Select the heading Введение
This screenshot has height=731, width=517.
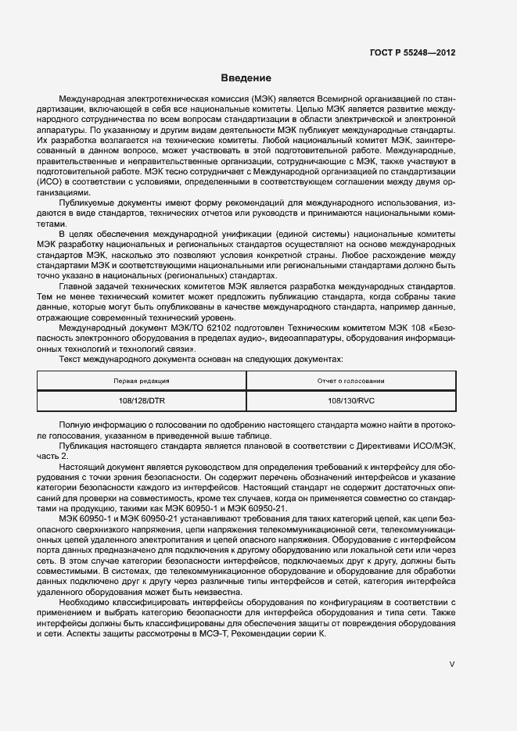(246, 78)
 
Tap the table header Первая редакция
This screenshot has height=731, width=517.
(142, 381)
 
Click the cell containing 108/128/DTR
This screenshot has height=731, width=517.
(142, 400)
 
